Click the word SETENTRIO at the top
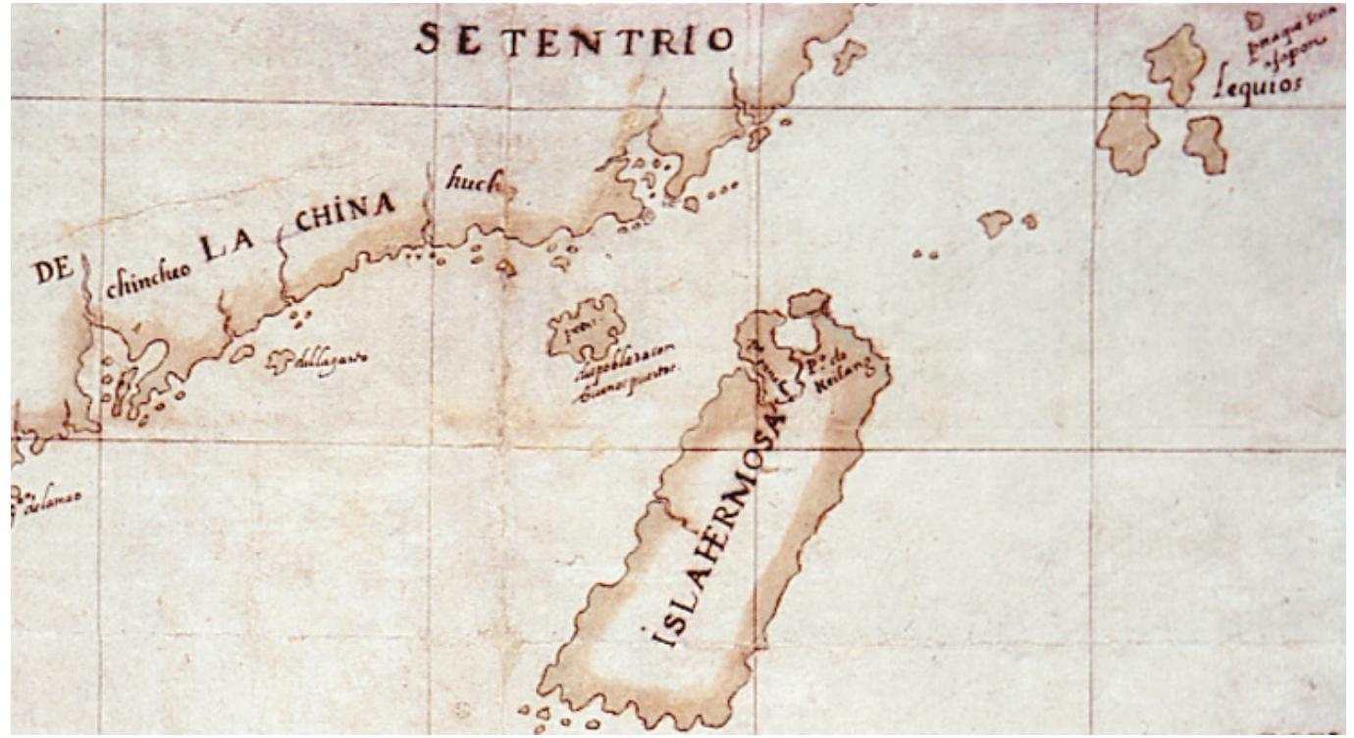pos(574,39)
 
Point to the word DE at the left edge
pos(53,272)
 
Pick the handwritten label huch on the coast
pos(474,183)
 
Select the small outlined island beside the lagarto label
pos(241,352)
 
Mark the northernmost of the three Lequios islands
pos(1175,62)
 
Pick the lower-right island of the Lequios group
pos(1206,143)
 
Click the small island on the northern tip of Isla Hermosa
pos(809,302)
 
